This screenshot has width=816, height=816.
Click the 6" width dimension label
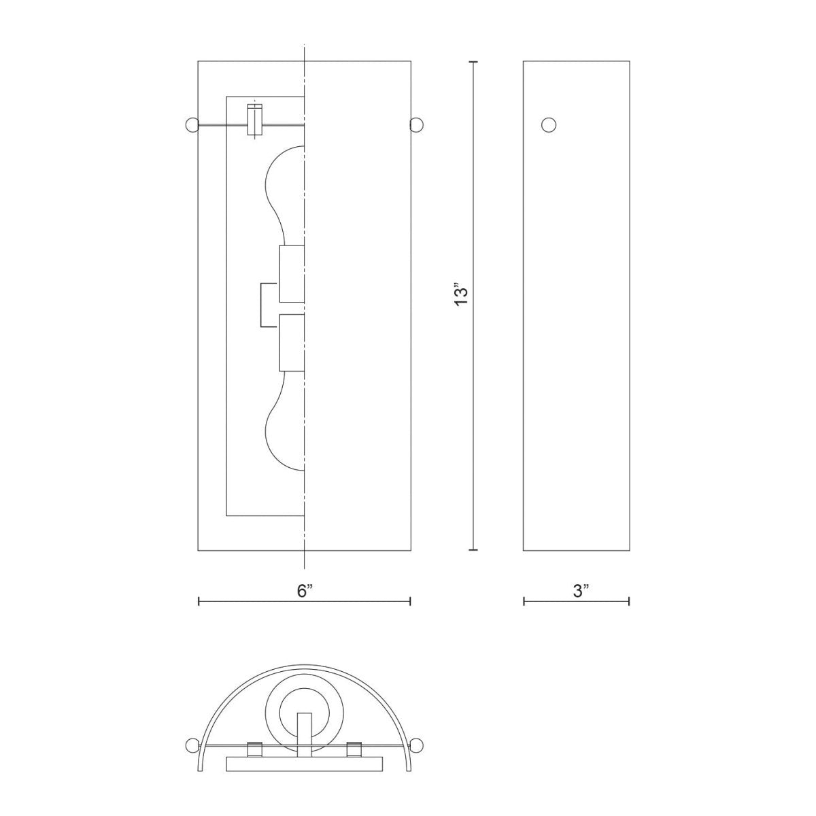304,591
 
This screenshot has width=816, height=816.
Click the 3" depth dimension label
579,591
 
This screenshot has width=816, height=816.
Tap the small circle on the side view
548,124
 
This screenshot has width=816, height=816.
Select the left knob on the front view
192,124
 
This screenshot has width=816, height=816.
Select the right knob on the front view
418,124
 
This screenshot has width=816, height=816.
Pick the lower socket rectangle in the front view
291,342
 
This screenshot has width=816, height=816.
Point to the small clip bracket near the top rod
254,120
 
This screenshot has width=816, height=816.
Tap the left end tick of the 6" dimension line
198,601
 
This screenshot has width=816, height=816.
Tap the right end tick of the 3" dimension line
629,601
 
